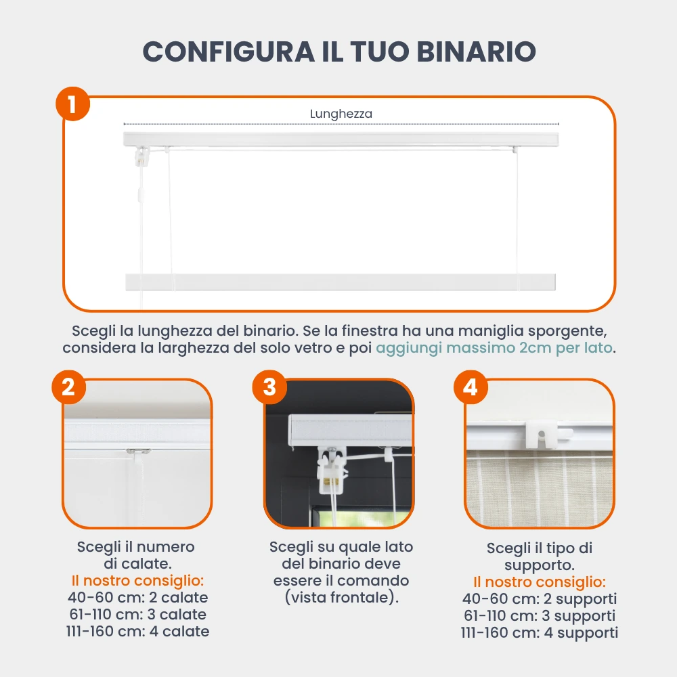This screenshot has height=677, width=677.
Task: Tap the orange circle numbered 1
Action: tap(72, 104)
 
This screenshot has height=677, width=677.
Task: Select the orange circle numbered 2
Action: tap(68, 387)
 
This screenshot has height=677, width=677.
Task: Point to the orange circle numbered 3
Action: tap(269, 387)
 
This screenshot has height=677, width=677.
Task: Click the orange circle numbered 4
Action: tap(471, 387)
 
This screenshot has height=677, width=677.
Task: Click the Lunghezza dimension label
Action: tap(341, 114)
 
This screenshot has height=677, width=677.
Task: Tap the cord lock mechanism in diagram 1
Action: tap(141, 157)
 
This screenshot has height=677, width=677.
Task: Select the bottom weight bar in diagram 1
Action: tap(341, 282)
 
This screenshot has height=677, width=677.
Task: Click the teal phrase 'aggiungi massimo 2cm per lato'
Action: tap(494, 348)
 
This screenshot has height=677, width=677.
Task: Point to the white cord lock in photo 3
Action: tap(332, 471)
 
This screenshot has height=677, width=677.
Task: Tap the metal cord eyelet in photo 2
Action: tap(138, 452)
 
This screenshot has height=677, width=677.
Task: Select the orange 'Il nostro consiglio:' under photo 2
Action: tap(137, 581)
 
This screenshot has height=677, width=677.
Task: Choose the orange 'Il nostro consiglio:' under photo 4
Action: tap(540, 582)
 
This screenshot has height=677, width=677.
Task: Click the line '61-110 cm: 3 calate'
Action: tap(137, 615)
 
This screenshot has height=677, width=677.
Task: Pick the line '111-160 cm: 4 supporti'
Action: tap(540, 633)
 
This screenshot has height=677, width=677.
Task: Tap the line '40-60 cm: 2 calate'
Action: tap(137, 598)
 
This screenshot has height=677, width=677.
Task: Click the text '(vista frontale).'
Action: tap(341, 598)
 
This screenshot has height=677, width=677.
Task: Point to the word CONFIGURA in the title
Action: tap(229, 51)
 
